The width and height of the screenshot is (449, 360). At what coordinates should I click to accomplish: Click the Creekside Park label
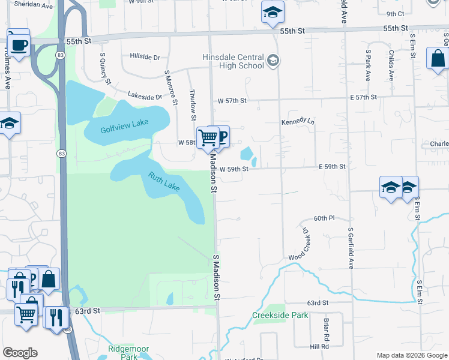280,315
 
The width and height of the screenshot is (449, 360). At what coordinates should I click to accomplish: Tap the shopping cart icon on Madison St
208,137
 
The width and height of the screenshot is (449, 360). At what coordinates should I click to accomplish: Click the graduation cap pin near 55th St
273,12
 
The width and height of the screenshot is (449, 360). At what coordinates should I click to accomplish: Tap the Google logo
20,353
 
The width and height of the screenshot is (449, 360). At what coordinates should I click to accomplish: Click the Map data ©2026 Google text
412,355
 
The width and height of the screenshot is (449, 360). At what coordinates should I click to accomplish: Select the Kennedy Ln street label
298,122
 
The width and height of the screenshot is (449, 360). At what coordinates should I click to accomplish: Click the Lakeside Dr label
145,95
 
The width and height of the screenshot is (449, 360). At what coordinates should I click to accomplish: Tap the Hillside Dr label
145,57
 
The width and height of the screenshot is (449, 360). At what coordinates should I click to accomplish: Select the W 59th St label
234,169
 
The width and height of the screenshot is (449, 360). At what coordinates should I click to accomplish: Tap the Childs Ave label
391,67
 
